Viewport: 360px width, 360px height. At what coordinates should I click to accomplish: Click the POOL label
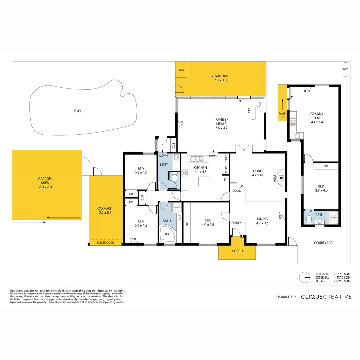[78, 111]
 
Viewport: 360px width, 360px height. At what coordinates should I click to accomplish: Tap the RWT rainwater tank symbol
[345, 69]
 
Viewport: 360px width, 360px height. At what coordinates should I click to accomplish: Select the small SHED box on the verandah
[181, 70]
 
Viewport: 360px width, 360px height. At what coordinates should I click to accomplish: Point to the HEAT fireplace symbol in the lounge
[281, 178]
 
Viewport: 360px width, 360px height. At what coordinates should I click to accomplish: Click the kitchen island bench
[204, 181]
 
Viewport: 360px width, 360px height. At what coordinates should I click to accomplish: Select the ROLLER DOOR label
[105, 243]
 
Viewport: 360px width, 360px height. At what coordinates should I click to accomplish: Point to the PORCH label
[237, 251]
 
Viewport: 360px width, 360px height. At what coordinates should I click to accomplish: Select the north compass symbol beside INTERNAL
[304, 277]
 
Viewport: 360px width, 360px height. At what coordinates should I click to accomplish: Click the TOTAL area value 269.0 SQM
[343, 281]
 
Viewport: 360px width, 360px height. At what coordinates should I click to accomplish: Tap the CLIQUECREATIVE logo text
[326, 297]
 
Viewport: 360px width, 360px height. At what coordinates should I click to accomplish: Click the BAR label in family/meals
[249, 111]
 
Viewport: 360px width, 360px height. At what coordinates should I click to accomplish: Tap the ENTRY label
[236, 223]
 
